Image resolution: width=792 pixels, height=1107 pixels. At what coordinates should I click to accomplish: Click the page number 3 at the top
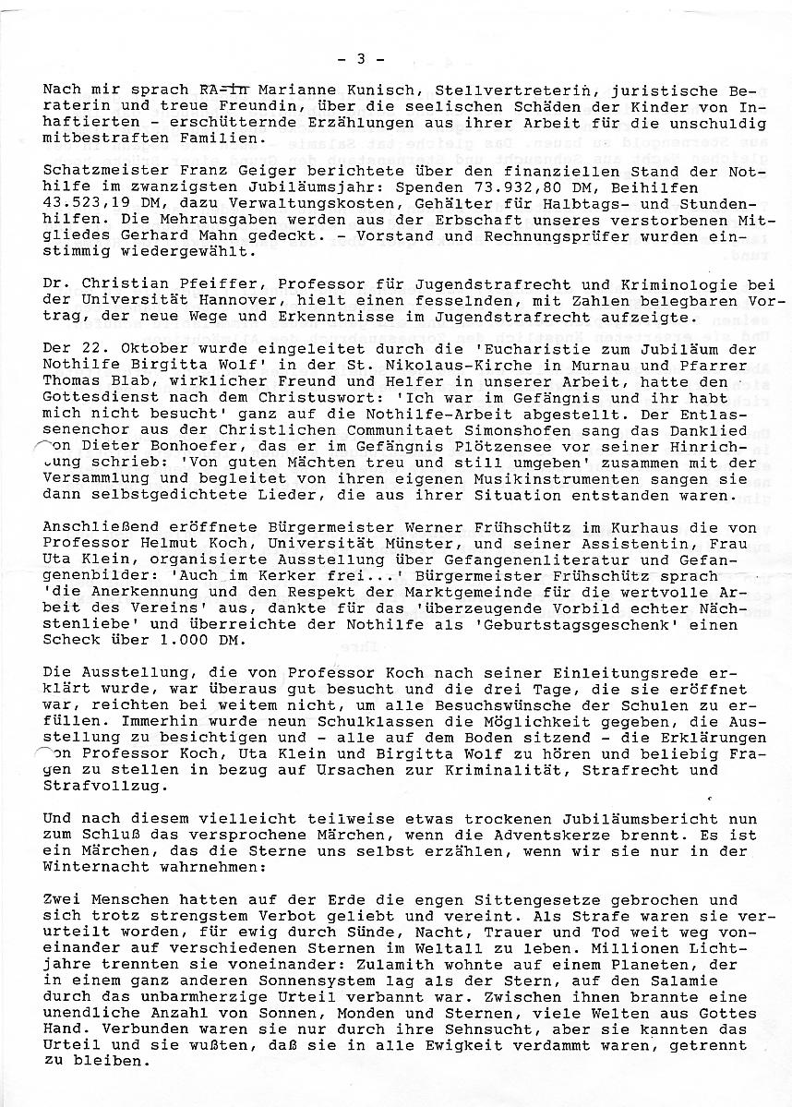[x=360, y=59]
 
